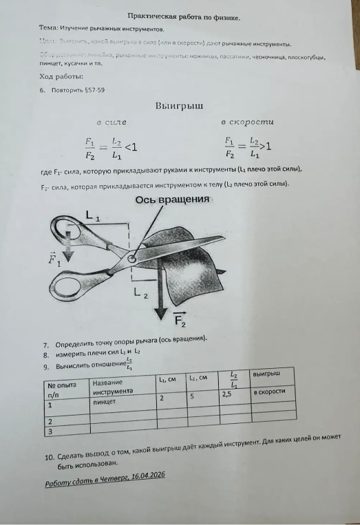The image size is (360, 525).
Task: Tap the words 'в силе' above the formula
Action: click(x=111, y=122)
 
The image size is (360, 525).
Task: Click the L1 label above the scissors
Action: click(x=92, y=217)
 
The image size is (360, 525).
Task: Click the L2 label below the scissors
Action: click(x=140, y=294)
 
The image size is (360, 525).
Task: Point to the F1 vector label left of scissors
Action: click(x=54, y=260)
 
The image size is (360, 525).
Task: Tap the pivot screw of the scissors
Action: click(x=131, y=260)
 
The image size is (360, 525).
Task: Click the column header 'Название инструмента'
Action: click(x=121, y=385)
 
